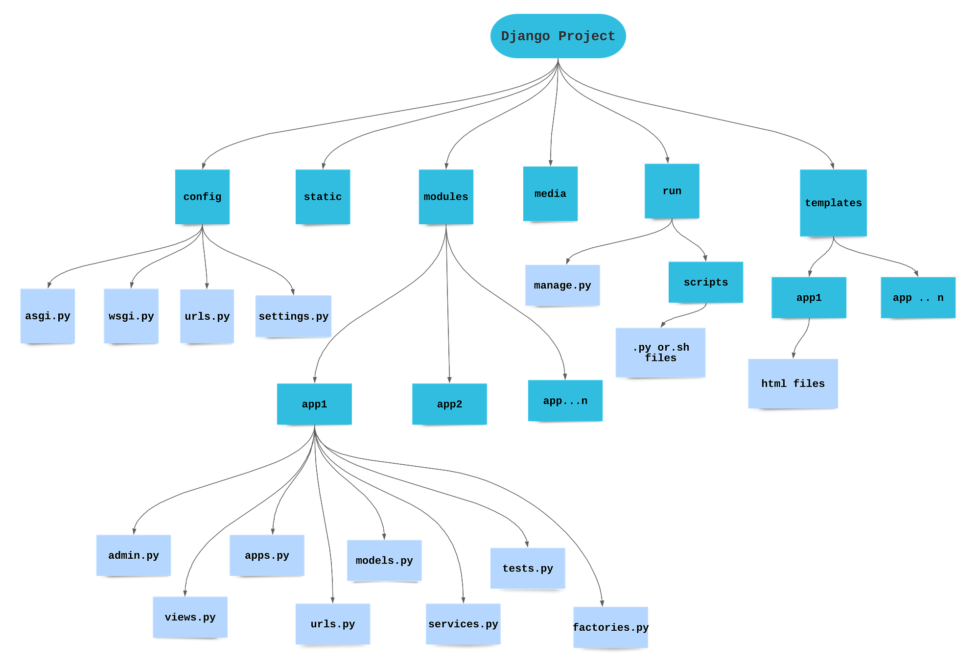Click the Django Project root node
[x=558, y=36]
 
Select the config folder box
[x=202, y=196]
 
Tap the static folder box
[x=323, y=196]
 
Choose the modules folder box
[x=446, y=196]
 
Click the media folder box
[x=550, y=193]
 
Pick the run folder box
[x=672, y=191]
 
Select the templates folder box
[x=833, y=203]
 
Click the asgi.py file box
[x=47, y=316]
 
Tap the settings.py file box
[x=294, y=316]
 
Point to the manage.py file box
[x=562, y=286]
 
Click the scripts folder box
[x=705, y=282]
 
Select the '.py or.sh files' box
[x=660, y=353]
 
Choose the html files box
[x=793, y=383]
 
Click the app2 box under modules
[x=449, y=404]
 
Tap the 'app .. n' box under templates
[x=918, y=298]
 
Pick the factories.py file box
[x=610, y=627]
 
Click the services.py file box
[x=463, y=624]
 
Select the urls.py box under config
[x=207, y=316]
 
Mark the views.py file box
[x=190, y=617]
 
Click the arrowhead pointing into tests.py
[x=527, y=543]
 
